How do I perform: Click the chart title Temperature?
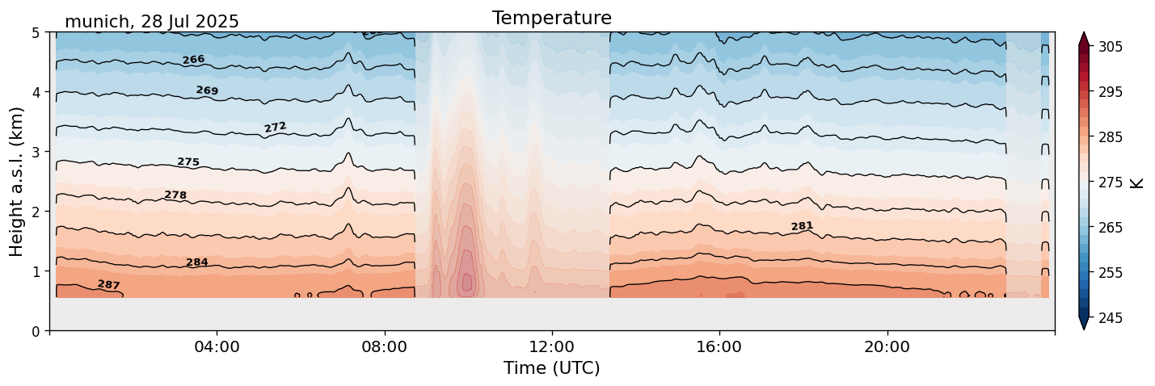[x=551, y=18]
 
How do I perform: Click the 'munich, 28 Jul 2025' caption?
[x=152, y=22]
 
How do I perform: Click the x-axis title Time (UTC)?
[x=551, y=368]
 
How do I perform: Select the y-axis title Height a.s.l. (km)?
[x=17, y=181]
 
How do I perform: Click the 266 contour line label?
[x=193, y=60]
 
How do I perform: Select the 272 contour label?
[x=276, y=128]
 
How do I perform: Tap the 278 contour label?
[x=175, y=195]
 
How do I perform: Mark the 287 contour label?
[x=109, y=285]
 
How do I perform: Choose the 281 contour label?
[x=802, y=226]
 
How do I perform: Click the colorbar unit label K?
[x=1136, y=183]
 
